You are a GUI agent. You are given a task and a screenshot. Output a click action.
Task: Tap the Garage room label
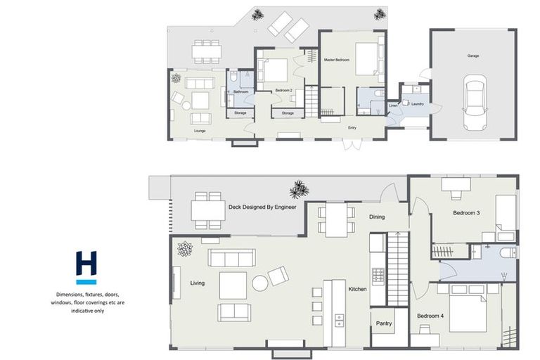click(x=473, y=55)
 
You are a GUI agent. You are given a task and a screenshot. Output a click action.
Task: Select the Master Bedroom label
click(x=337, y=60)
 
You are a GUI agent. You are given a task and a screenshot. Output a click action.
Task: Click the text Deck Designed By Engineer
click(x=262, y=207)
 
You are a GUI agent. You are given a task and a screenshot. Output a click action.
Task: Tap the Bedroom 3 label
click(x=465, y=213)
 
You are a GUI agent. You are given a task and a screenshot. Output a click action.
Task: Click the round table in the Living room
click(x=260, y=283)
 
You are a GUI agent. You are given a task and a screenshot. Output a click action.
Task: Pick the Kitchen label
click(x=358, y=289)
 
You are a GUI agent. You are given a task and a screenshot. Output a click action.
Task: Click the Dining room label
click(x=377, y=217)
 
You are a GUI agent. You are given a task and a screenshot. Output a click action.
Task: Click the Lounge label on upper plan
click(x=200, y=130)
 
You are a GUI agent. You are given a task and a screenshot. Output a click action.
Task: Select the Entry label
click(x=352, y=127)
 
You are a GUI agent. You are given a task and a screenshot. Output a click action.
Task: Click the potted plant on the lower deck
click(x=300, y=189)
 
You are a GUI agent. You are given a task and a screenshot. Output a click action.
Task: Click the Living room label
click(x=197, y=283)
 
